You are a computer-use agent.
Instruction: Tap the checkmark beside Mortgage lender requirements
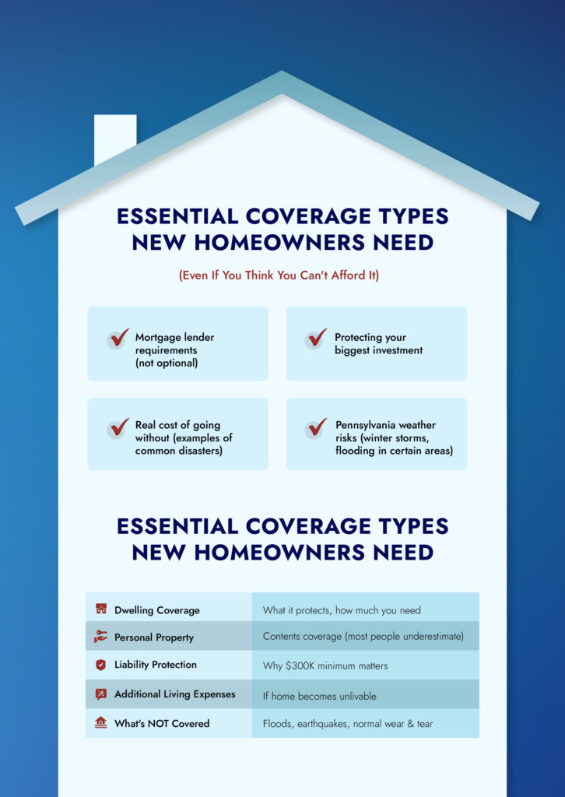click(118, 339)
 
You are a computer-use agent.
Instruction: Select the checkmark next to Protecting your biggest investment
click(317, 338)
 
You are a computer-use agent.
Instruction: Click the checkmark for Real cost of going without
click(118, 428)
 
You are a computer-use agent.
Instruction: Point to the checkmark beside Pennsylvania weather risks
click(317, 427)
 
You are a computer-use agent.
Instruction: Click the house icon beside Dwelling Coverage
click(100, 609)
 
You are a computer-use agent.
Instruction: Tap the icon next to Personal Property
click(100, 637)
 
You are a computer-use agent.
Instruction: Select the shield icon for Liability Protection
click(100, 665)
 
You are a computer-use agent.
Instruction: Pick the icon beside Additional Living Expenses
click(100, 694)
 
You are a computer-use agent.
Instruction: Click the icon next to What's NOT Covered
click(100, 723)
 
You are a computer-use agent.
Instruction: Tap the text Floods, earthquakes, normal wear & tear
click(348, 724)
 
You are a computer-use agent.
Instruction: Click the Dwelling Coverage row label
click(156, 610)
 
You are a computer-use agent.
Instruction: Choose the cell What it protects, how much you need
click(342, 610)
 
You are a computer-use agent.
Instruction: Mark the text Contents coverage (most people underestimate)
click(363, 637)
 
